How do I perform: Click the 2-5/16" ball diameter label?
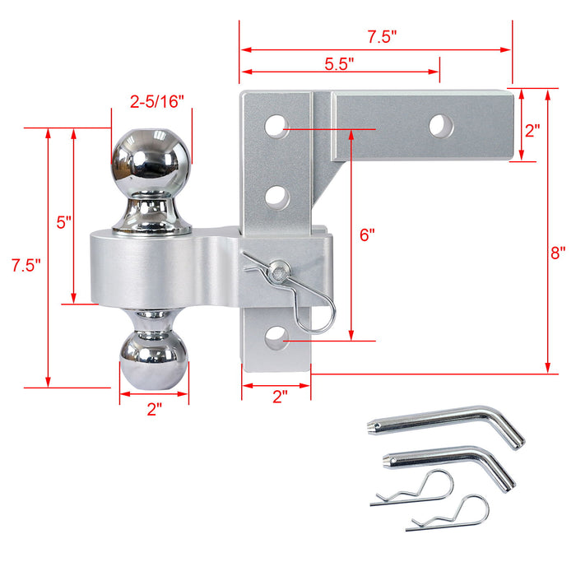[157, 101]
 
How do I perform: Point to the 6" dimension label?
[366, 234]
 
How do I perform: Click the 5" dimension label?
[64, 222]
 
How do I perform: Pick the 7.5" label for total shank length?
[382, 36]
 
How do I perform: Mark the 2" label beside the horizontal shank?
[532, 130]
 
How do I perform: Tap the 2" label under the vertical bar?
[280, 397]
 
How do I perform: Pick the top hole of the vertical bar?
[276, 128]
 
